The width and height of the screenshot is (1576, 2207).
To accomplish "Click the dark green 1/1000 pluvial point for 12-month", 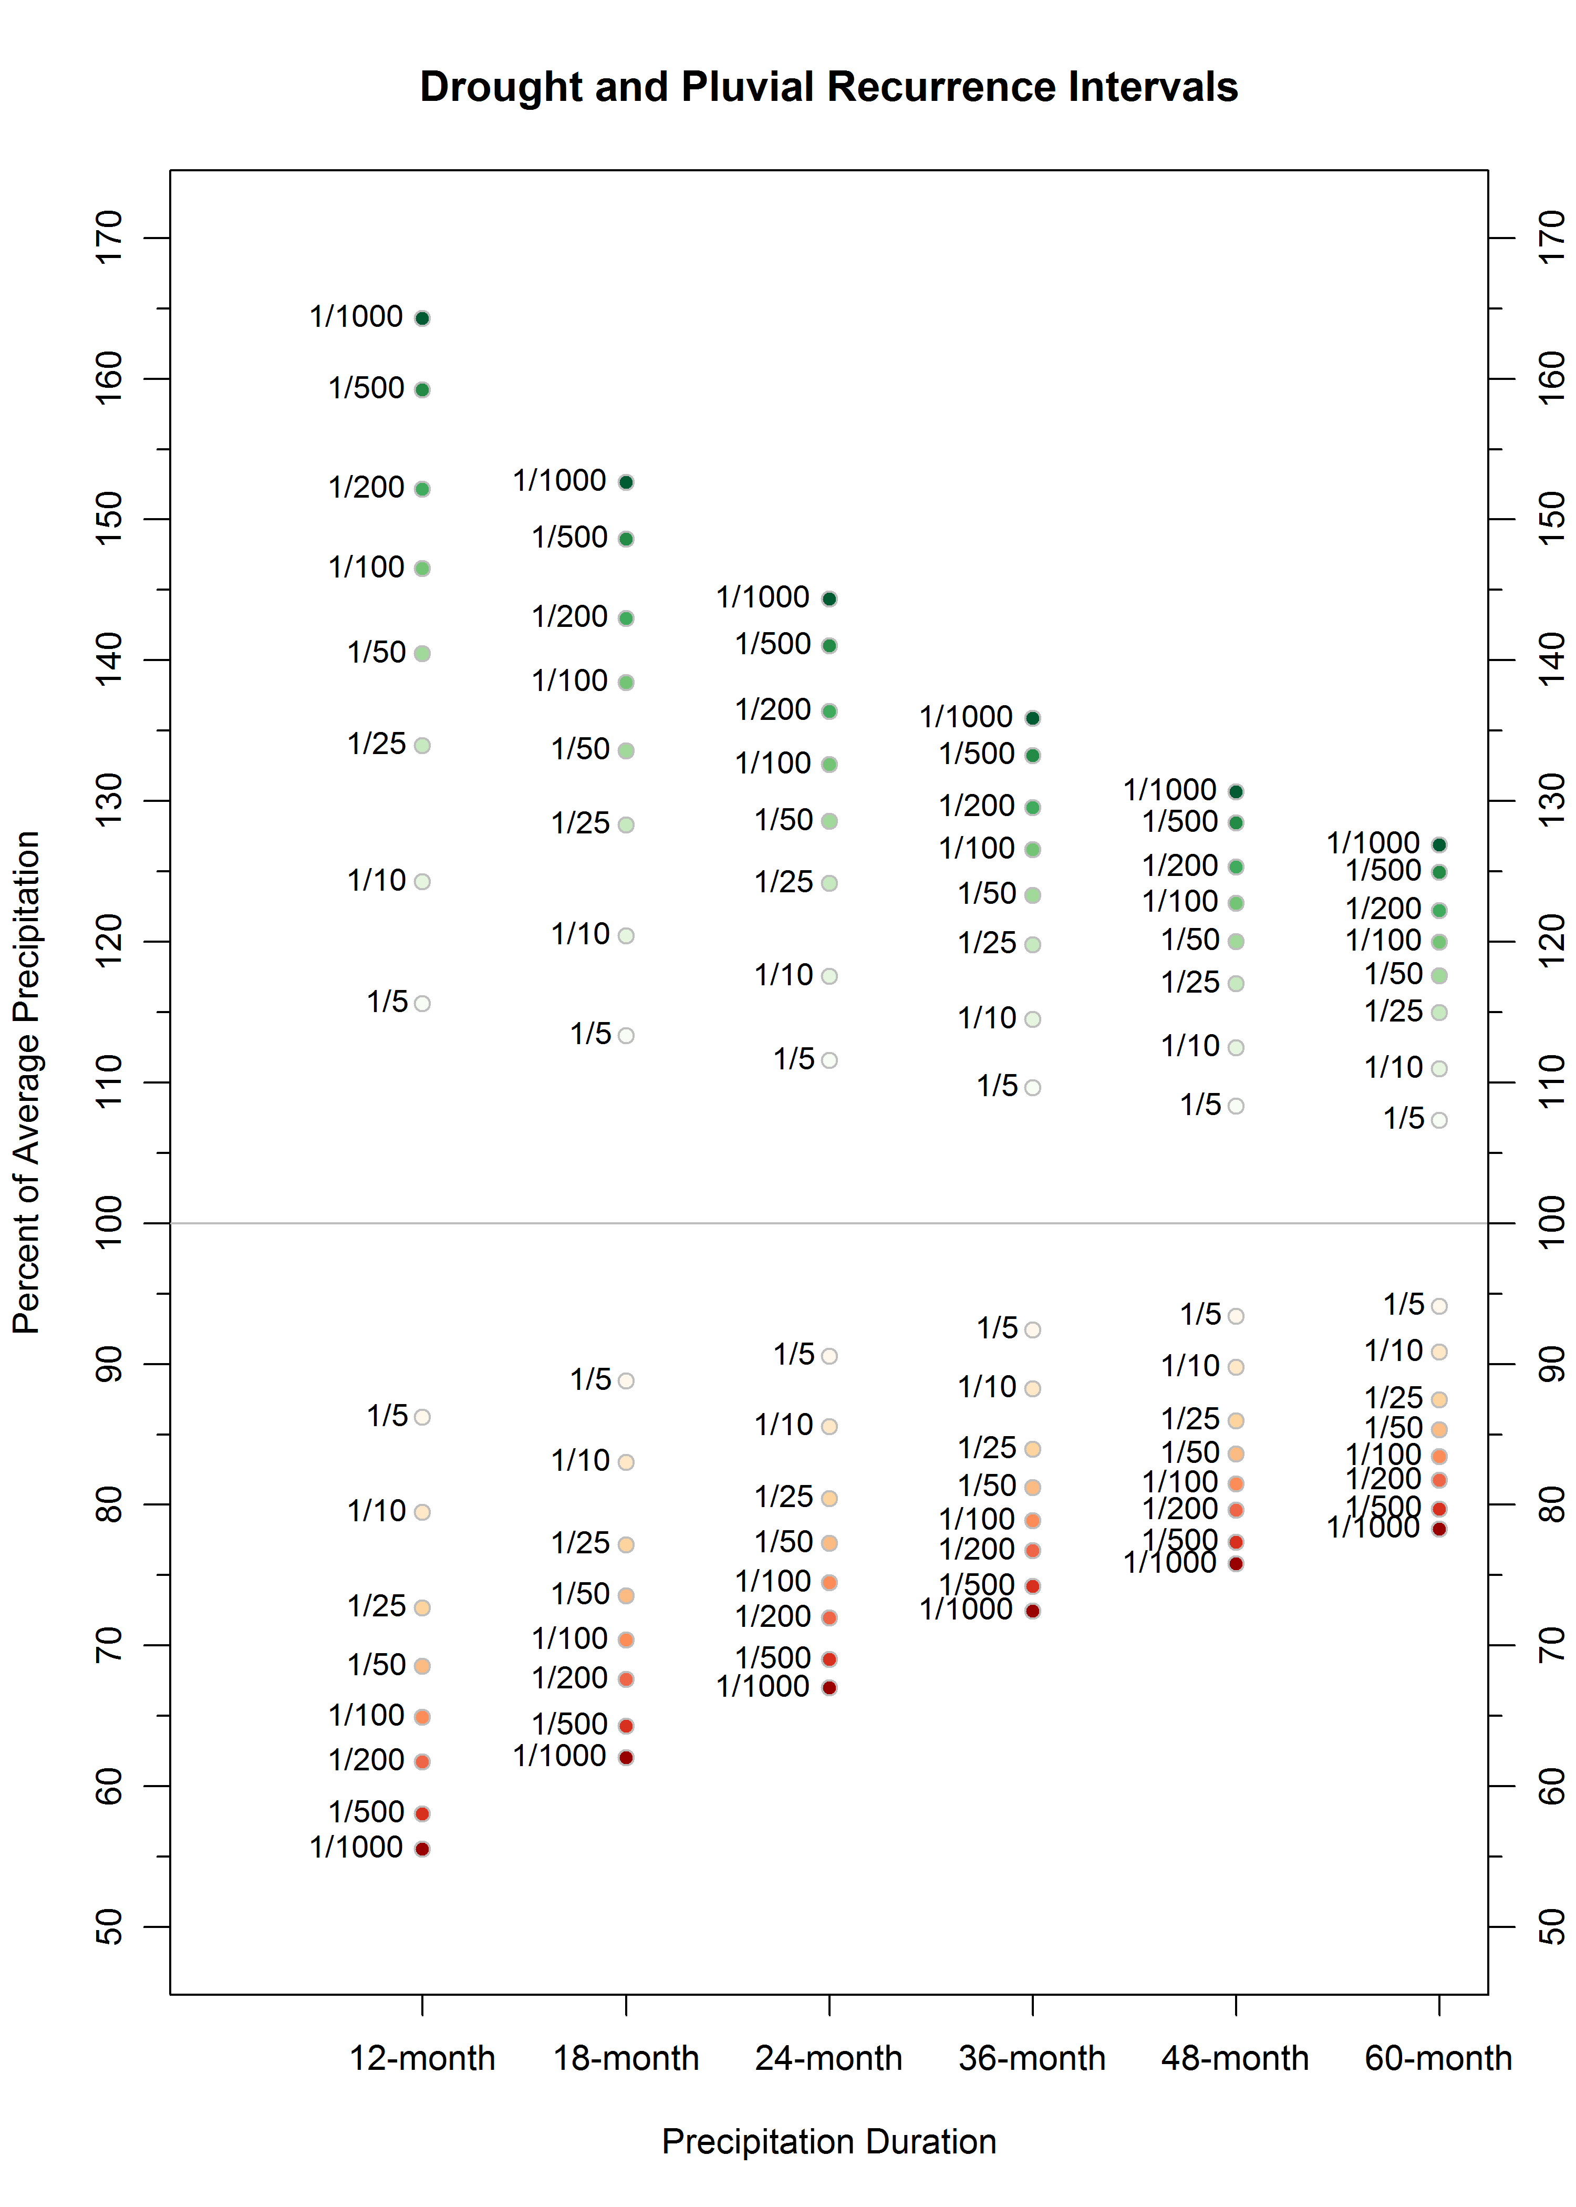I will (x=422, y=318).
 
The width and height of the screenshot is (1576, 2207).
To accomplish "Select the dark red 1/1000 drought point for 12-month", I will (x=422, y=1849).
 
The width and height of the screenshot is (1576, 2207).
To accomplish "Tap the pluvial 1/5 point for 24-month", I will (x=829, y=1060).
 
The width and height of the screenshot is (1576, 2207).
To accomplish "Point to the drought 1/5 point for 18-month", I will (x=626, y=1380).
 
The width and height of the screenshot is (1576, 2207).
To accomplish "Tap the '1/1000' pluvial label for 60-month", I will (x=1373, y=842).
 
